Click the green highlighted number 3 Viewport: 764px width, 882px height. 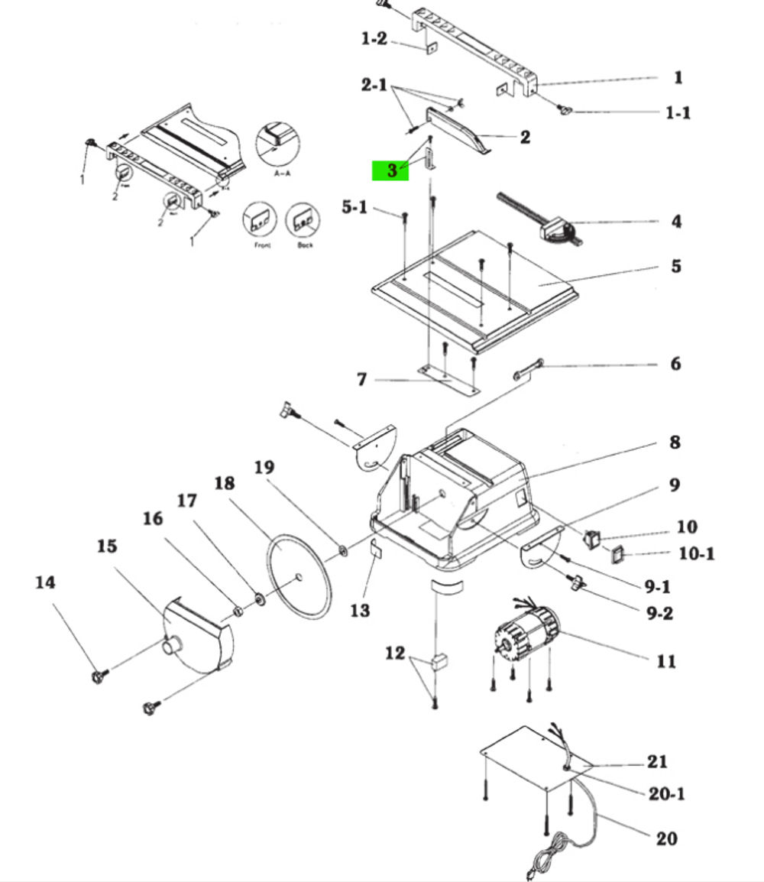pos(390,170)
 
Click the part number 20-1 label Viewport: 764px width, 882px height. pos(666,794)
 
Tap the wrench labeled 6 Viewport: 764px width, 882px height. pos(529,368)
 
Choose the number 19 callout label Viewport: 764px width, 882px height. pos(264,467)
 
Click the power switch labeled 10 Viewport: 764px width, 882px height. pos(591,540)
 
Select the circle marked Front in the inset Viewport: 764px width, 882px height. pos(258,221)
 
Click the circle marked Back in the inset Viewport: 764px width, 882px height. pos(303,221)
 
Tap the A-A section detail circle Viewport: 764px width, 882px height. pos(277,143)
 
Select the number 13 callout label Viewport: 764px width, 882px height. pos(360,610)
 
